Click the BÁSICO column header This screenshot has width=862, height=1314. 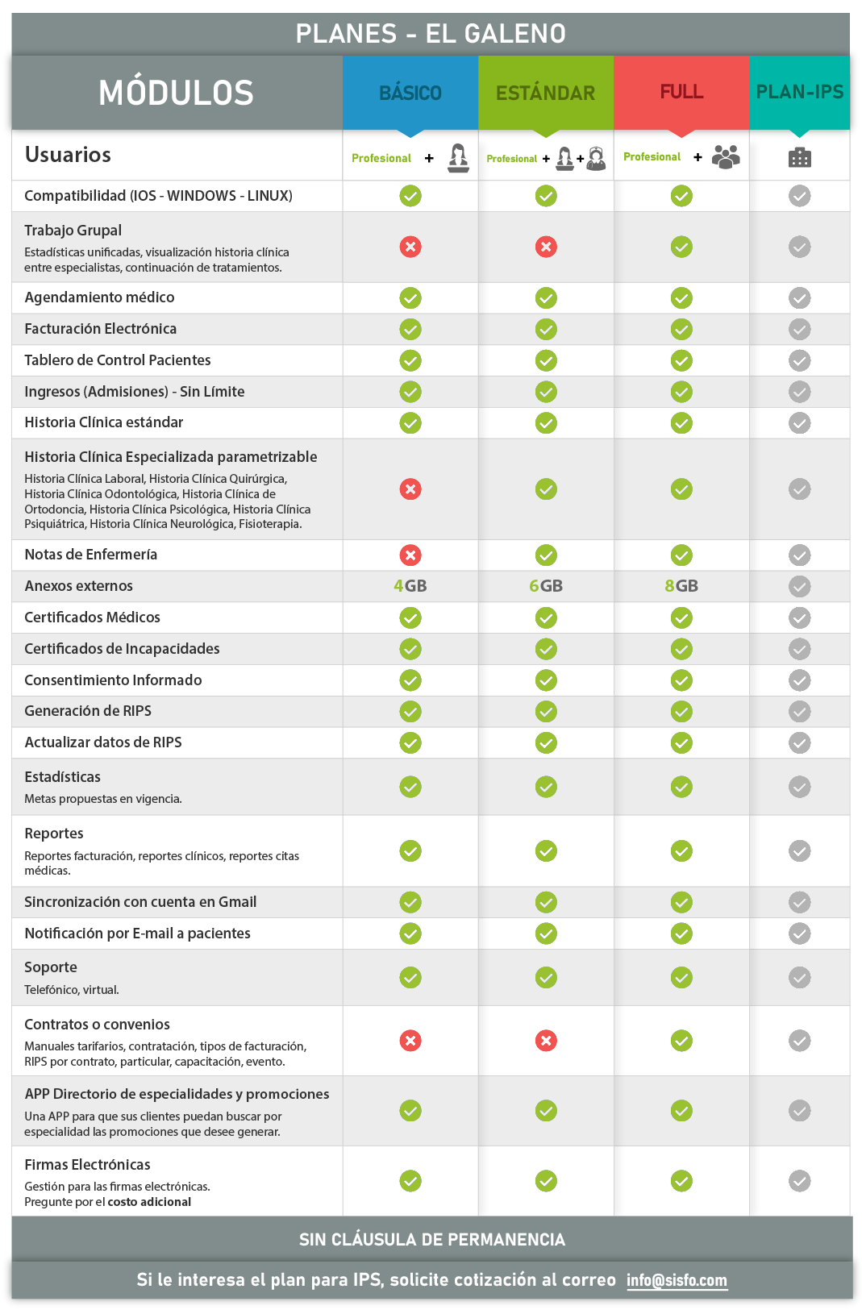pyautogui.click(x=410, y=93)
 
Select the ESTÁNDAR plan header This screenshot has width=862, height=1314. pyautogui.click(x=546, y=93)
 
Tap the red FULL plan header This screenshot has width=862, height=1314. pyautogui.click(x=681, y=92)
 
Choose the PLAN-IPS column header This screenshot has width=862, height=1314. pyautogui.click(x=799, y=92)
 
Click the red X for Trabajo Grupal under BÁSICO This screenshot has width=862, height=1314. pyautogui.click(x=410, y=247)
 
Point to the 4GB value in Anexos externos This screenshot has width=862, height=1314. pyautogui.click(x=410, y=586)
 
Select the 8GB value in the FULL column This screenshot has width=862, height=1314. pyautogui.click(x=681, y=586)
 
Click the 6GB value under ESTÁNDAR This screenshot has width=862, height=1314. pyautogui.click(x=546, y=586)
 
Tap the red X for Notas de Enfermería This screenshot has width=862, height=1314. pyautogui.click(x=410, y=555)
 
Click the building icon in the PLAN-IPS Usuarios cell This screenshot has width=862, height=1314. pyautogui.click(x=800, y=157)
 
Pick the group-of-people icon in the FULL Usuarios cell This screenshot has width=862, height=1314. pyautogui.click(x=726, y=156)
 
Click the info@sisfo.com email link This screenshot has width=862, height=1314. pyautogui.click(x=677, y=1280)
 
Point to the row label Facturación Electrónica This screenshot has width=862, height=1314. pyautogui.click(x=100, y=329)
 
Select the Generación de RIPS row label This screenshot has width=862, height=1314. pyautogui.click(x=88, y=711)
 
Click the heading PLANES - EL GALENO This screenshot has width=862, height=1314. pyautogui.click(x=431, y=34)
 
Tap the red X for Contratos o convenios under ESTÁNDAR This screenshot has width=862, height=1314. pyautogui.click(x=546, y=1041)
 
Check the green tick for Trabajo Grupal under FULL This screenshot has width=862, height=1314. pyautogui.click(x=681, y=247)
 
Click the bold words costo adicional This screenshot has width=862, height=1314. pyautogui.click(x=149, y=1202)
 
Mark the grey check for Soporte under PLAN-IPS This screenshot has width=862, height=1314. pyautogui.click(x=800, y=978)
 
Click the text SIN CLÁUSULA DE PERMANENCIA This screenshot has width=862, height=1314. pyautogui.click(x=432, y=1240)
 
